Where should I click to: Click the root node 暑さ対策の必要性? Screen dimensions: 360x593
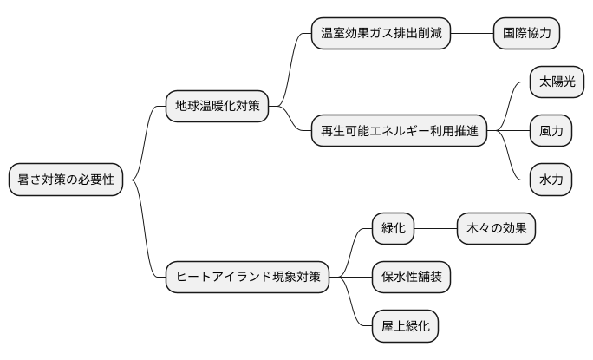[65, 180]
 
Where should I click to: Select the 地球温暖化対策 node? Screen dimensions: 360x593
[217, 107]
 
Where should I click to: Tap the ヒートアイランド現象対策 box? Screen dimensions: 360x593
[248, 278]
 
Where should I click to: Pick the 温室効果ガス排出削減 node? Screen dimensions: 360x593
[381, 34]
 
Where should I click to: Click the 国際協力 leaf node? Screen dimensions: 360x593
[526, 34]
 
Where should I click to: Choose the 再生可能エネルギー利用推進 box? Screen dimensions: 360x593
[399, 132]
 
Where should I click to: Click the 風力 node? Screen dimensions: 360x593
[551, 132]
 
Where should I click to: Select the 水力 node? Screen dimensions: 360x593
[551, 180]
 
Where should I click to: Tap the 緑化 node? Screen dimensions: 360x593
[394, 229]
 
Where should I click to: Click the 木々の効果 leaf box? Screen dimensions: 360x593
[496, 229]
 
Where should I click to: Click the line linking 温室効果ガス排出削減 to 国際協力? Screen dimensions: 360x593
[472, 34]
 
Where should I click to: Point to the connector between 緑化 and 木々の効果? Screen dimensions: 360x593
[436, 229]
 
